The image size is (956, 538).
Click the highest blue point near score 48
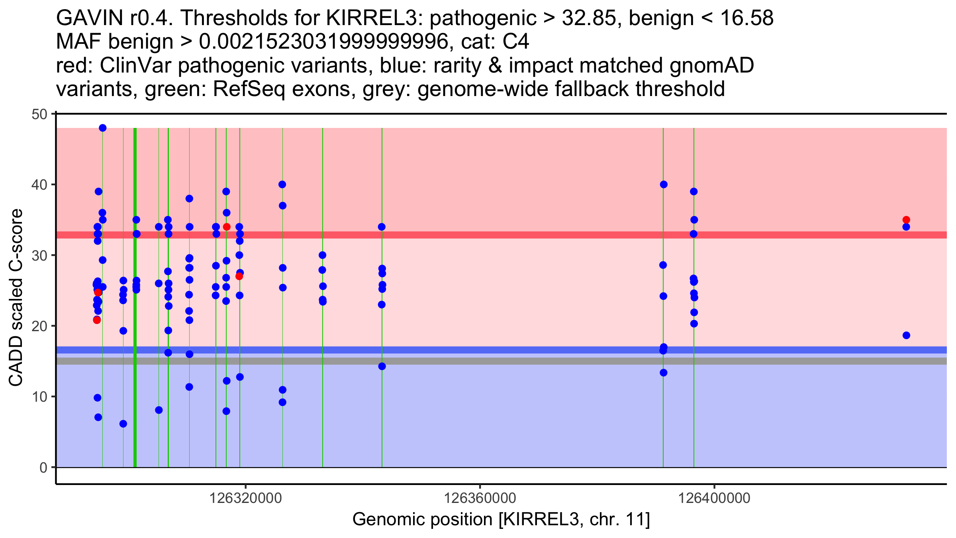[103, 128]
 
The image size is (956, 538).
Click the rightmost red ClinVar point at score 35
[906, 220]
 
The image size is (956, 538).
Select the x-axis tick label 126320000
[246, 498]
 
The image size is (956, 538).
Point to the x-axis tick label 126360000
[480, 498]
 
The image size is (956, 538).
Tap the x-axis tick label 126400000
[714, 498]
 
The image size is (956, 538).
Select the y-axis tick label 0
[43, 467]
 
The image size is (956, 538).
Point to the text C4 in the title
[516, 41]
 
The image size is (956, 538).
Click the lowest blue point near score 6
[123, 424]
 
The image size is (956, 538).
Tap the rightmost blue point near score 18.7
[906, 335]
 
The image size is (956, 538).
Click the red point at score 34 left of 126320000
[227, 227]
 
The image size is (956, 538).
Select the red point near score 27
[239, 277]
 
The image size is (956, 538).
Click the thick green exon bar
[135, 297]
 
